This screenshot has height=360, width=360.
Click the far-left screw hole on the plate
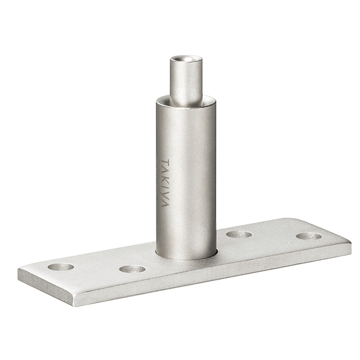[x=61, y=266]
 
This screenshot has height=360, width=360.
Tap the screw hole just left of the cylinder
[x=133, y=269]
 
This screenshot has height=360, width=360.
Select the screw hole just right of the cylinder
[x=239, y=234]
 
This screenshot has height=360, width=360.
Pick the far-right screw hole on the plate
[x=309, y=236]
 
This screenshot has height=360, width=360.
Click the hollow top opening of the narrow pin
[x=186, y=59]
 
